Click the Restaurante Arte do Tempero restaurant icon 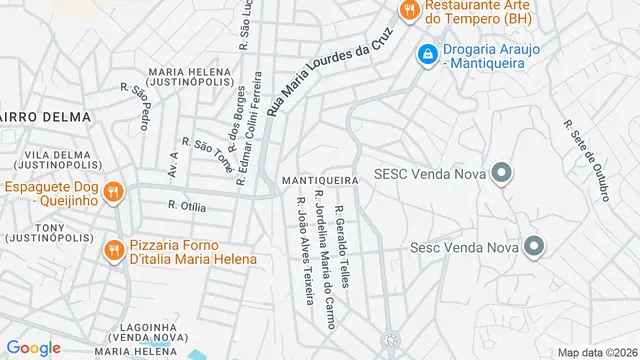point(408,12)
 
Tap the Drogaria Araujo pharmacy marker point(427,53)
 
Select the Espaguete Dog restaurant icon point(114,190)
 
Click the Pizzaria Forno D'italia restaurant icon point(114,250)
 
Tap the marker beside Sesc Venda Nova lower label point(534,245)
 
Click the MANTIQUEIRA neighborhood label point(320,179)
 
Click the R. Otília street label point(187,207)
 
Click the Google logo point(33,347)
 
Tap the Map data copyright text point(597,352)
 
